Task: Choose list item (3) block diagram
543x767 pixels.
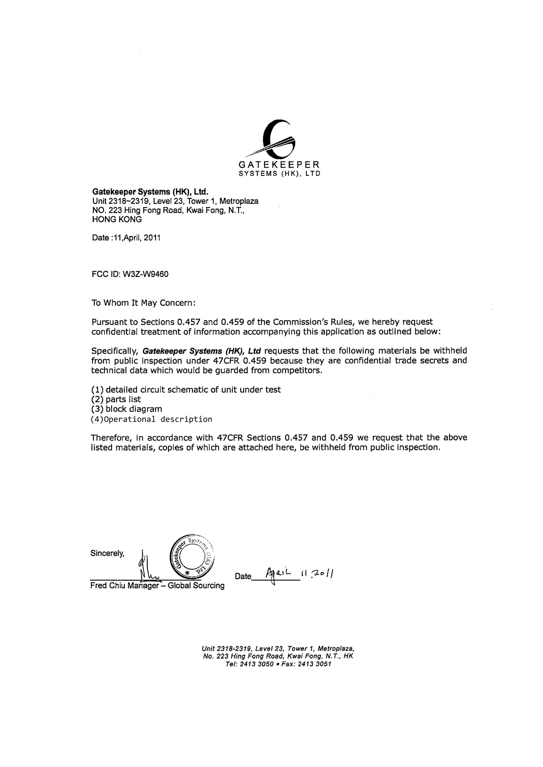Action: point(126,409)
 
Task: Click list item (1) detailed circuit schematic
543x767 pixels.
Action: point(186,389)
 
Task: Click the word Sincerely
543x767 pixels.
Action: point(108,553)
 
